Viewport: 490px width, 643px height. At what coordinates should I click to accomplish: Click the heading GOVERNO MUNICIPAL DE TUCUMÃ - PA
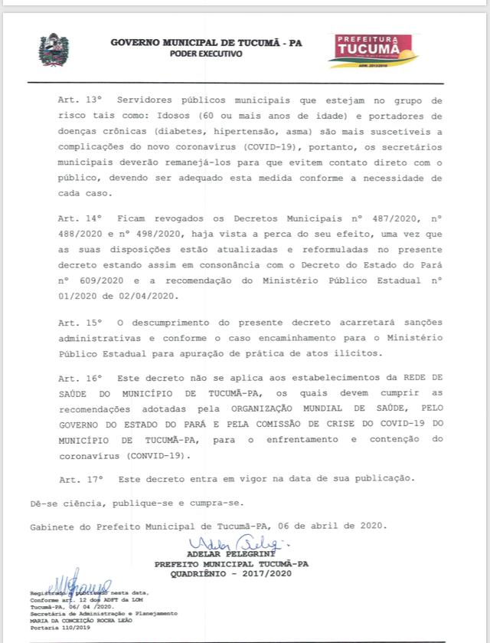pyautogui.click(x=206, y=44)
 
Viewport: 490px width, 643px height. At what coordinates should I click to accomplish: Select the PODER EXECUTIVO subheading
pyautogui.click(x=206, y=54)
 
